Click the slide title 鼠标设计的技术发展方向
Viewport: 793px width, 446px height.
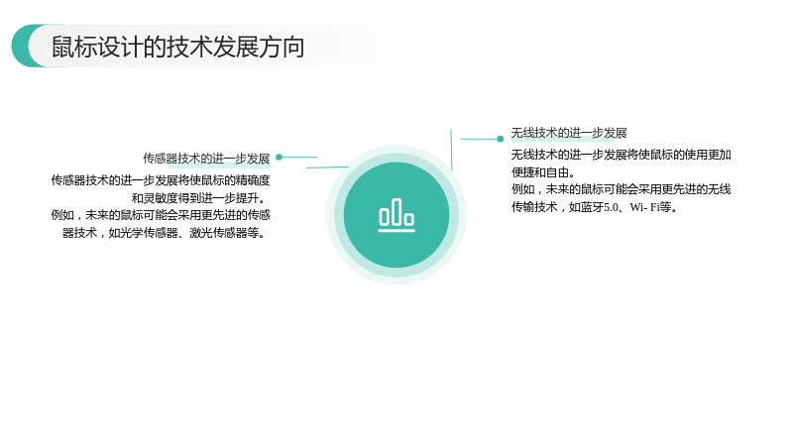coord(177,47)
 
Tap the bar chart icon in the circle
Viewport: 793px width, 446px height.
coord(396,215)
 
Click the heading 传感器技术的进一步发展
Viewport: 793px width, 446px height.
coord(206,159)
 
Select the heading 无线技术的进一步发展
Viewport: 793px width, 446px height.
coord(569,133)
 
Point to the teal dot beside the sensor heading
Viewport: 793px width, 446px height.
coord(279,158)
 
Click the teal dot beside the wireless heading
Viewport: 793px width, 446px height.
coord(501,139)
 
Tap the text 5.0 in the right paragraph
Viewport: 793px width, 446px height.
coord(611,207)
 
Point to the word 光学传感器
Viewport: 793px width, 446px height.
coord(150,233)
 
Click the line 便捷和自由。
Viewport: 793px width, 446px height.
coord(543,172)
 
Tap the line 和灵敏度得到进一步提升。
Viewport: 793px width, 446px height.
coord(199,198)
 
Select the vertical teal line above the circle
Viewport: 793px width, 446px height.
coord(451,150)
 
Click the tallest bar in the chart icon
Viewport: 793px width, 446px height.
coord(396,212)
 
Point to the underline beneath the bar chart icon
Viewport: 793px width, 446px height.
coord(396,231)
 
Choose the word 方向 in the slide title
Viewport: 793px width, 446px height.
coord(282,47)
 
